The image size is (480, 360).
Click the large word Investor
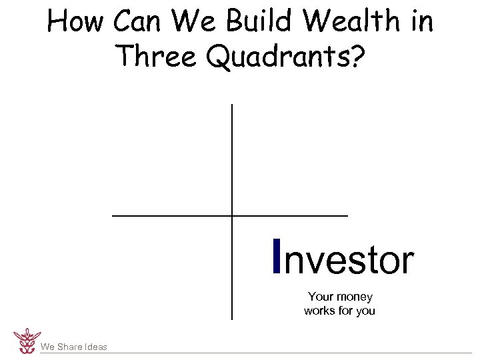tap(343, 259)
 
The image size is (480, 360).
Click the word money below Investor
tap(355, 297)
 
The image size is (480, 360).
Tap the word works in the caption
tap(319, 311)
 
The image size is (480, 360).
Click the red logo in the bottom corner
tap(27, 340)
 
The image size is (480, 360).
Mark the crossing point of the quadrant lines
tap(232, 215)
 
